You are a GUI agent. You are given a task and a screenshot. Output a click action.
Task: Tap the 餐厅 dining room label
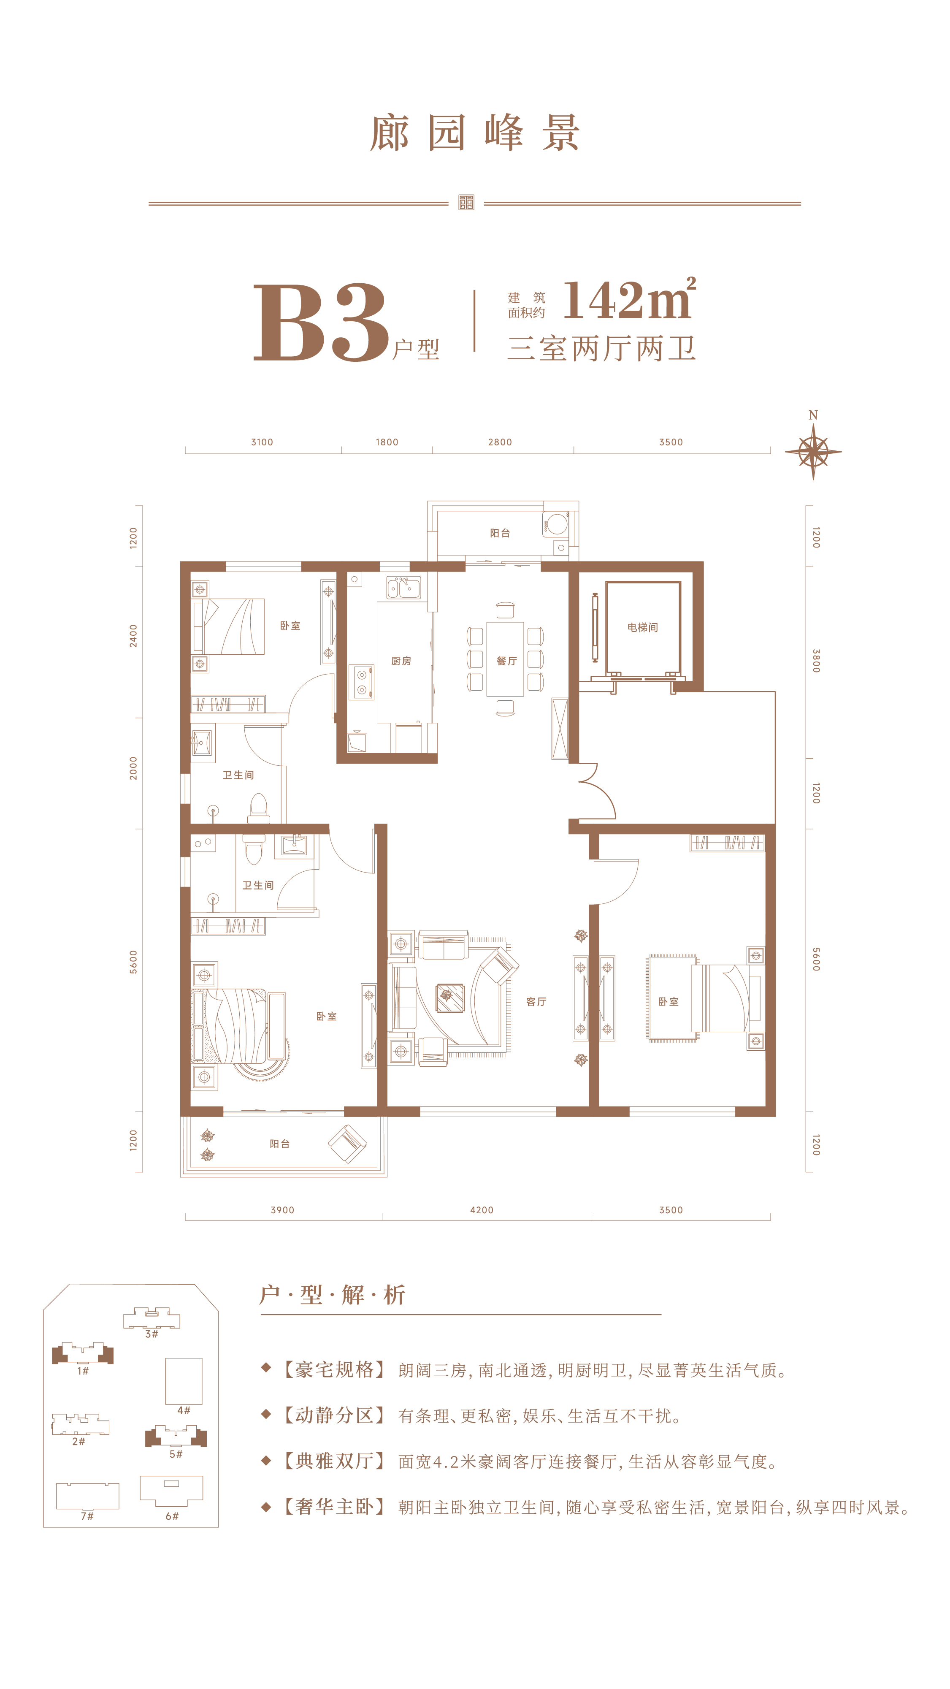point(506,661)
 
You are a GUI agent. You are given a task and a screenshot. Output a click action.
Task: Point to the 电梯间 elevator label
point(642,627)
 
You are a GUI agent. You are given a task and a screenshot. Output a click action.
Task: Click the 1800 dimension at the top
point(387,442)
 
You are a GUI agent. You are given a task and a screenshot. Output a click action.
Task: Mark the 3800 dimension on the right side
point(816,661)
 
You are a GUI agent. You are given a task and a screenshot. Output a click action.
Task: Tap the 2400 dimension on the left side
point(134,636)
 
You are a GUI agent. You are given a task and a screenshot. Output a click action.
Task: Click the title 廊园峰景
point(475,133)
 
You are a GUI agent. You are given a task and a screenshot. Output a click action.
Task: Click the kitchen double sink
point(403,588)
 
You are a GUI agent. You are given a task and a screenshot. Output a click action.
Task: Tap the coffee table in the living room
point(450,998)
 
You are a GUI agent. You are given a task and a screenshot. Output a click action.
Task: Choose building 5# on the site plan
point(176,1437)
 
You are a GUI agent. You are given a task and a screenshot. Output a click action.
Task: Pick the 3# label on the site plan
point(152,1334)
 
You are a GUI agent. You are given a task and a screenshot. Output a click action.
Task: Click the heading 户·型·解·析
point(333,1295)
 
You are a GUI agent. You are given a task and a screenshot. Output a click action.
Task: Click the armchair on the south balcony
point(347,1144)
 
